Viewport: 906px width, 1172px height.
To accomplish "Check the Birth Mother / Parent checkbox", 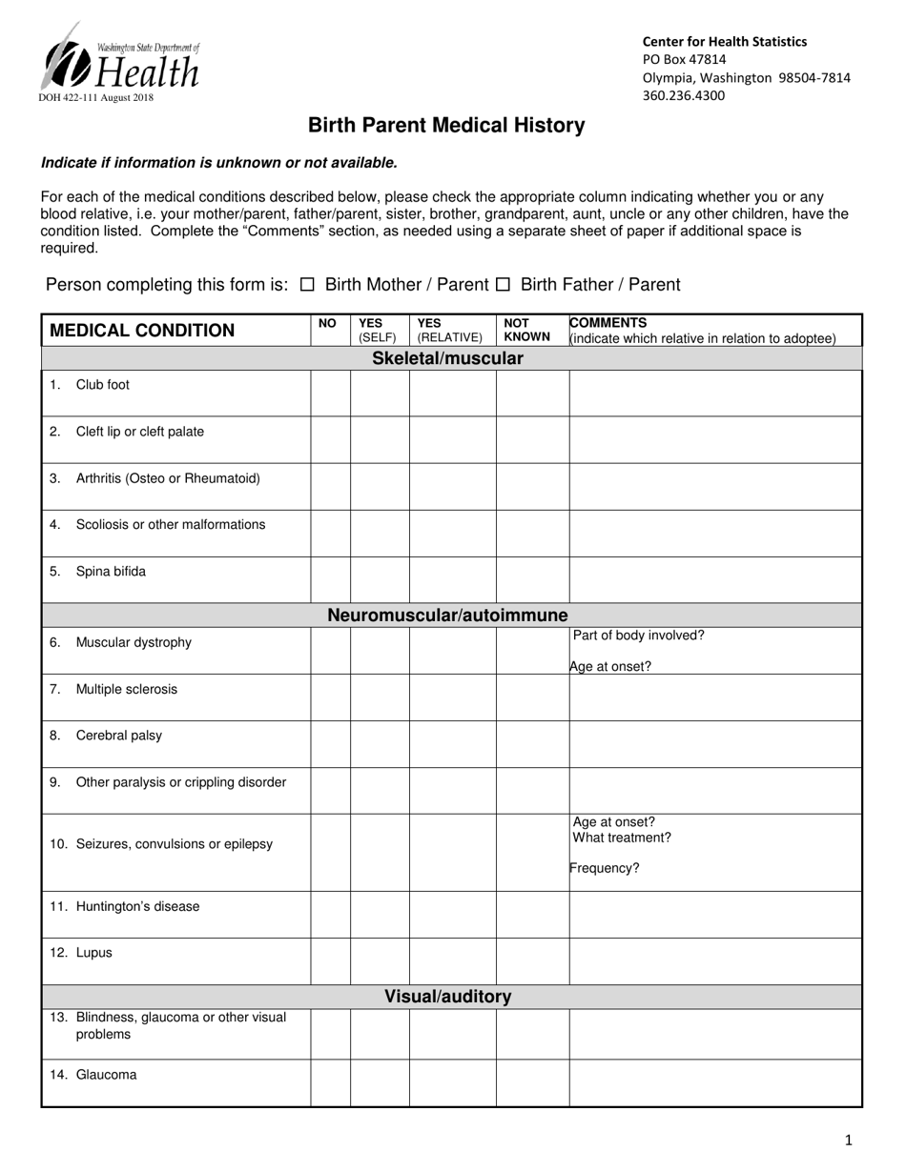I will pos(306,284).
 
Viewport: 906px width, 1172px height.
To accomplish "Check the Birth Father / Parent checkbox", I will pos(503,284).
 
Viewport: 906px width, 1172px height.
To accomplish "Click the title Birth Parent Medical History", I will pos(445,125).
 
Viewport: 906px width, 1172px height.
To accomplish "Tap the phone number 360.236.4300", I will pos(683,95).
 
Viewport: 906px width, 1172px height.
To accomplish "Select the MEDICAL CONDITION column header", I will pos(141,331).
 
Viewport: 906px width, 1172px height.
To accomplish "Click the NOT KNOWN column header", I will pos(526,330).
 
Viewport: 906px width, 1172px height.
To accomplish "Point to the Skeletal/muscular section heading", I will pos(447,358).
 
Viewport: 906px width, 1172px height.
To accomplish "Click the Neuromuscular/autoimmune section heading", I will pos(447,615).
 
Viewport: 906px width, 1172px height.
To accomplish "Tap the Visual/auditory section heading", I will pos(447,997).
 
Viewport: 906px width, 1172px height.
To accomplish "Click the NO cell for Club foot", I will pos(330,393).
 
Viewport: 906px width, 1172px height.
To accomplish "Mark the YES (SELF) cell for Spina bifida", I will pos(380,579).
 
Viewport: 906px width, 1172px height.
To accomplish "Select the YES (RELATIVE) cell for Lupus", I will pos(452,960).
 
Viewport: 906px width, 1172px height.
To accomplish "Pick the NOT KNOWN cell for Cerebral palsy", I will pos(532,743).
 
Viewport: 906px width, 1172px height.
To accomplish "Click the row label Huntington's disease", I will pos(137,906).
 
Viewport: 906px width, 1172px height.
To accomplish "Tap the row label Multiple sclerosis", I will pos(126,689).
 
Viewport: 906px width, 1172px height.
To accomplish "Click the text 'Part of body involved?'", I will pos(638,636).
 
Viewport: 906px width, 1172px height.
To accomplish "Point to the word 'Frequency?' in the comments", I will pos(605,868).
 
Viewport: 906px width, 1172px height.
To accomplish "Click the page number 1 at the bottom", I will pos(849,1140).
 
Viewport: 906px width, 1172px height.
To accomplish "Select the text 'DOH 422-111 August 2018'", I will pos(95,97).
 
